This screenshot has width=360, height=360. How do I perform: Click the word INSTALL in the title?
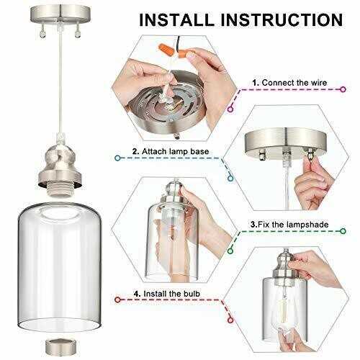[176, 20]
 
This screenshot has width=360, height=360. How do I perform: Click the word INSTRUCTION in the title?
[282, 20]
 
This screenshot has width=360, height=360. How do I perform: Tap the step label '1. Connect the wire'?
[289, 83]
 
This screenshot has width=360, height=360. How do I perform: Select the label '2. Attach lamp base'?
[171, 151]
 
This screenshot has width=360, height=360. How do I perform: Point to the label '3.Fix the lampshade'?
[289, 225]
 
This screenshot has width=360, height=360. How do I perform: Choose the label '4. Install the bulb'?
[167, 294]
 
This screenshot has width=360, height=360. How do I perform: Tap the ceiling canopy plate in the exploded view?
[60, 14]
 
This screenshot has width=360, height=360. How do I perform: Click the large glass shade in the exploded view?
[60, 265]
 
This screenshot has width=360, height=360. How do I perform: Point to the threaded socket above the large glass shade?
[60, 189]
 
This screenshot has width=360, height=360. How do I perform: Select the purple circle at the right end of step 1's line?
[343, 89]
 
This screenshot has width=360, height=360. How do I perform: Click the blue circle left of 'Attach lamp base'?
[117, 158]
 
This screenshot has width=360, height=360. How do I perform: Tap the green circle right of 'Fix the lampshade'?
[343, 231]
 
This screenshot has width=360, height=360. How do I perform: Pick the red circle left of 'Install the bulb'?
[117, 300]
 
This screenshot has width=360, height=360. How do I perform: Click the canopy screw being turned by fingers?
[310, 153]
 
